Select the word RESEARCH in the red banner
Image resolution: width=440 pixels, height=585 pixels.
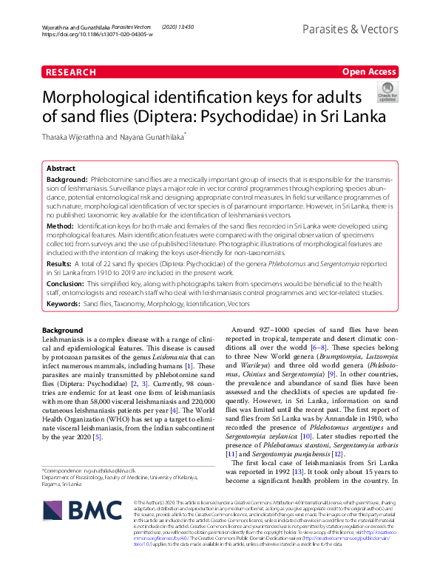[x=70, y=72]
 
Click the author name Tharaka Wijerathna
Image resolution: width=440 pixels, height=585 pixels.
[x=80, y=136]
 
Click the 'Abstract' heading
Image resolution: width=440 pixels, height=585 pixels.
[x=62, y=168]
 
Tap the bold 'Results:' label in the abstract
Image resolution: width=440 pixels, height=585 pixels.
[x=60, y=263]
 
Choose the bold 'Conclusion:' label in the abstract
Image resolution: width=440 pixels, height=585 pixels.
[x=66, y=282]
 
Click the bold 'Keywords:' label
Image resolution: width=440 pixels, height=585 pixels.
[x=63, y=303]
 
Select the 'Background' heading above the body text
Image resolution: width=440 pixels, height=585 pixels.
[x=62, y=330]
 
